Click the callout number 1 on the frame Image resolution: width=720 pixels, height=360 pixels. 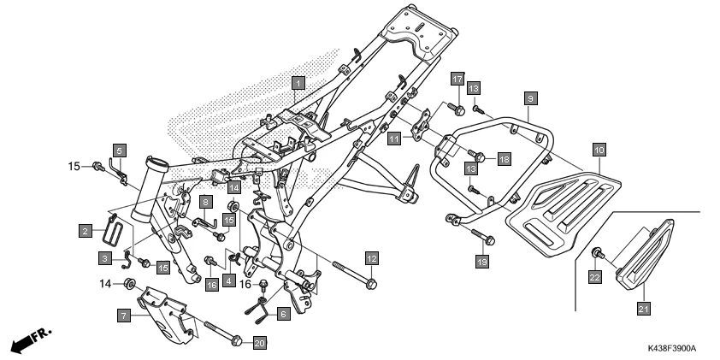[x=297, y=83]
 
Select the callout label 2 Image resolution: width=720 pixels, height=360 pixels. [x=86, y=230]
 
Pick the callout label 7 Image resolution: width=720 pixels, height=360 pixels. [x=124, y=316]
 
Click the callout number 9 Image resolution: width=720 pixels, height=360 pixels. [x=530, y=99]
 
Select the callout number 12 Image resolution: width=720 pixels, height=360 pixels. [x=371, y=257]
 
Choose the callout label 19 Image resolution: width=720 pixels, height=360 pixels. [x=481, y=261]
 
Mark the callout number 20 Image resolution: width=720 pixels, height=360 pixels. [x=260, y=343]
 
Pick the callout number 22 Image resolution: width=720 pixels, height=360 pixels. [x=594, y=276]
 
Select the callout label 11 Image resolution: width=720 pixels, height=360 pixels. [x=394, y=138]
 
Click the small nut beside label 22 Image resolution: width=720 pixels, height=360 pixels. [x=595, y=253]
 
